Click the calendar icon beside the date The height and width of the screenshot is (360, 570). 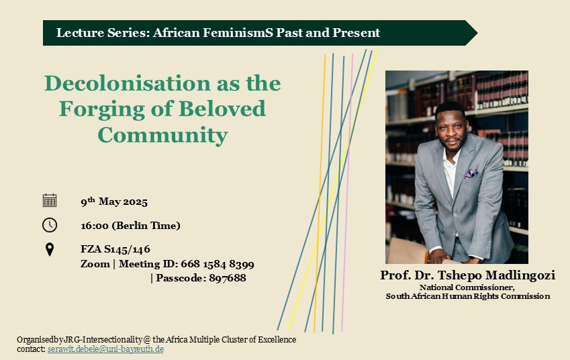[50, 200]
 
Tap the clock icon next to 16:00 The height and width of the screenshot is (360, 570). [50, 225]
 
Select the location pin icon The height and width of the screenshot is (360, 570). [50, 249]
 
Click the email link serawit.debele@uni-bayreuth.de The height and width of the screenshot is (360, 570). [105, 349]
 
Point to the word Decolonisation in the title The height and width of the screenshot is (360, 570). [128, 83]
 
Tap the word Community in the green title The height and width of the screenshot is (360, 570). [162, 135]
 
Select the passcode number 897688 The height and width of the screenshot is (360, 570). [228, 278]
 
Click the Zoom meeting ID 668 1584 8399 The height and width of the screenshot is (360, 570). [218, 264]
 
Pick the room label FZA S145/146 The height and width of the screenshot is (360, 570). [115, 249]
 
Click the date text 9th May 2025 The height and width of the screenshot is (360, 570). [114, 201]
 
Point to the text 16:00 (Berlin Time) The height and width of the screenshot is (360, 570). [130, 226]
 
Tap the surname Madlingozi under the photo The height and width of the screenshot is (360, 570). [520, 275]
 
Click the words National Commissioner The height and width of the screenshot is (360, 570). [467, 287]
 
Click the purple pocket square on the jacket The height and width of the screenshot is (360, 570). [471, 173]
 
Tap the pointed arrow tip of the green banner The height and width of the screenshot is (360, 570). [477, 33]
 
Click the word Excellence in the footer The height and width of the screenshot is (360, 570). [277, 340]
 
